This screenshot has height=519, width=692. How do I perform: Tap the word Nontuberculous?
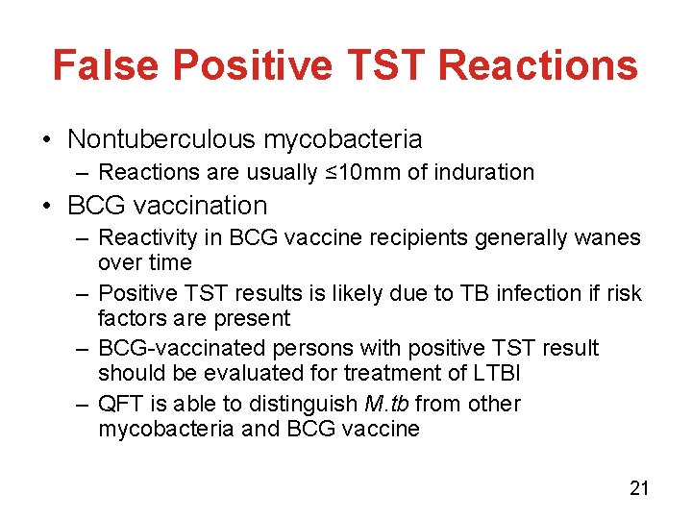(x=161, y=139)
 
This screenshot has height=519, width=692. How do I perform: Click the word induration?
(x=486, y=173)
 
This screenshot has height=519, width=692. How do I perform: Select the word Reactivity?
(x=146, y=238)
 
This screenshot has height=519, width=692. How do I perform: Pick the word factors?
(x=129, y=317)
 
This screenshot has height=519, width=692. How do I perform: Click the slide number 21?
(x=639, y=488)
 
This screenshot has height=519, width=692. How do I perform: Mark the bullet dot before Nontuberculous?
(x=48, y=140)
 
